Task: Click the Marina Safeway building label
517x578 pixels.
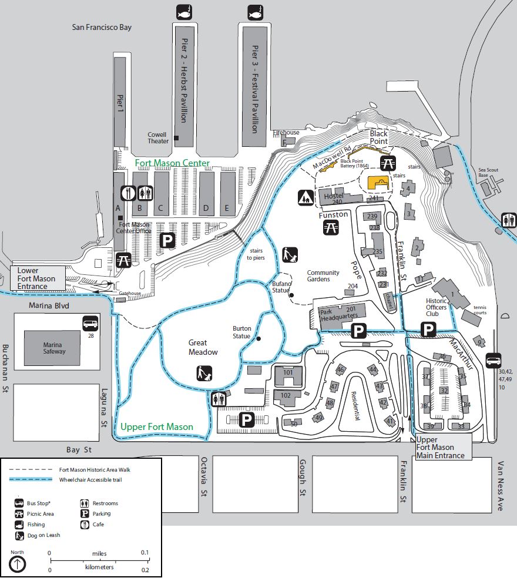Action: pos(53,348)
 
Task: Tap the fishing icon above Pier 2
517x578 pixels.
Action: pos(184,11)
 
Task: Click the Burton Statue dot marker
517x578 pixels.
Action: pos(258,338)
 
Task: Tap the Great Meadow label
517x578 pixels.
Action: pos(203,347)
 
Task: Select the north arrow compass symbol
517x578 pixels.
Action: pos(18,564)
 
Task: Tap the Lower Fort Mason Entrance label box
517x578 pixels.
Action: pos(36,278)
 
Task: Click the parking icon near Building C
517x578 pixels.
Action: pos(168,240)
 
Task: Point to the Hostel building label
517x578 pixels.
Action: pos(333,196)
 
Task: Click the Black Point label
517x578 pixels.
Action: pos(378,138)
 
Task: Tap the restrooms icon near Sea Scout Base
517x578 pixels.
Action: pos(508,220)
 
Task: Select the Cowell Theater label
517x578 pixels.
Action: pos(159,137)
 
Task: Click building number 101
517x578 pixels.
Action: pos(288,372)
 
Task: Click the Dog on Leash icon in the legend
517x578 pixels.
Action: pos(19,535)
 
